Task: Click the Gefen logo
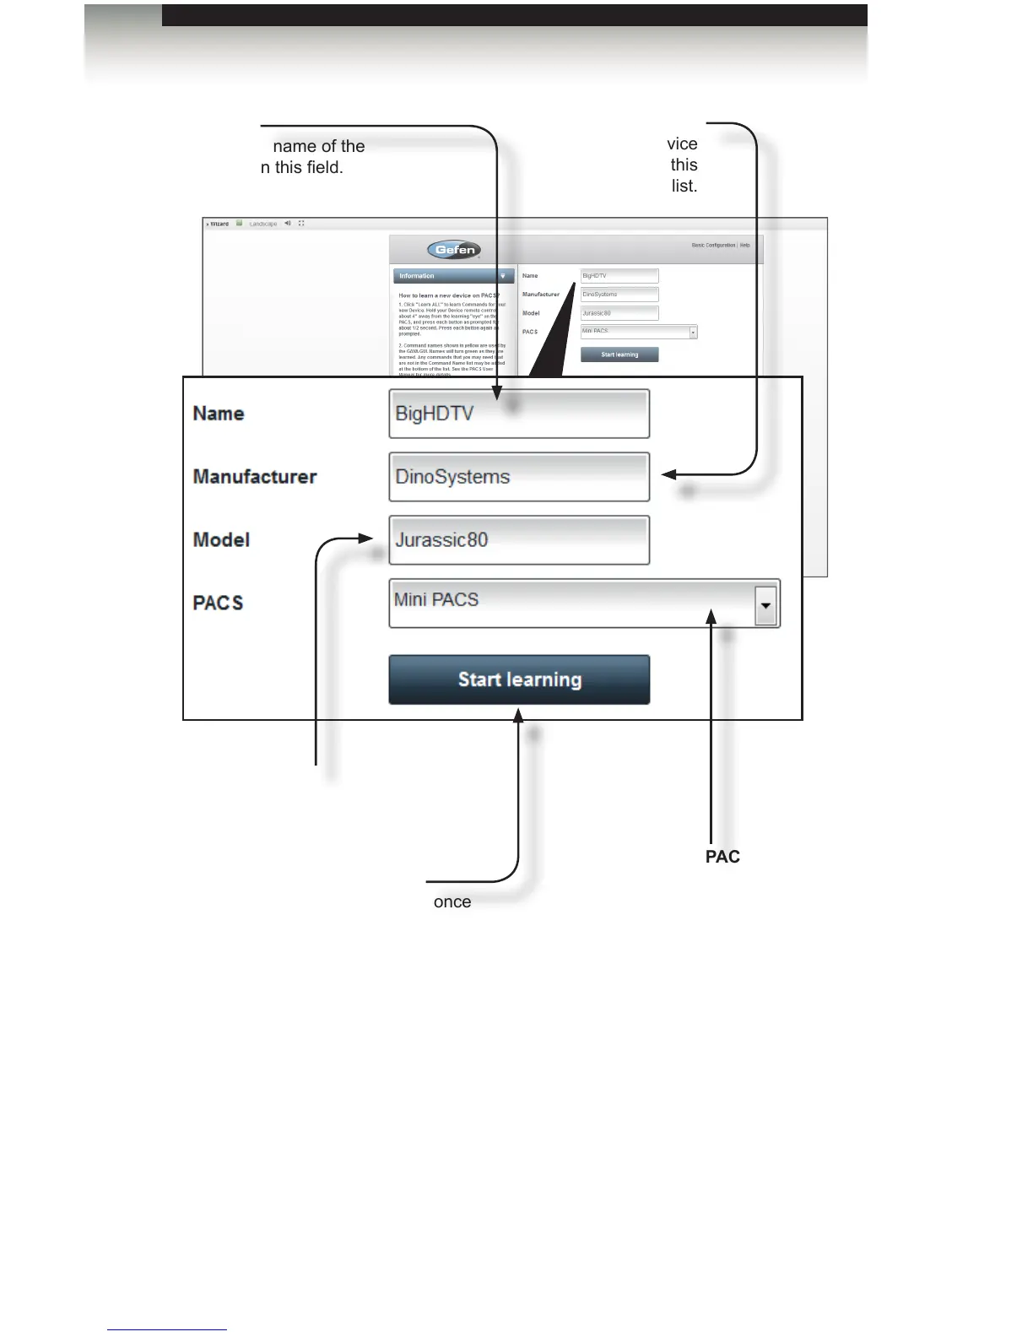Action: pos(454,250)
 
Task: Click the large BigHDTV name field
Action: pos(518,414)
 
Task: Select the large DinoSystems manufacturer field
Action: pos(518,477)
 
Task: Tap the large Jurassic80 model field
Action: pos(518,540)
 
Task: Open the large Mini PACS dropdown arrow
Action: pos(765,605)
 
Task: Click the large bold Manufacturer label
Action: pos(255,477)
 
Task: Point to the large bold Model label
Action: pos(221,540)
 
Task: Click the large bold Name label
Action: pos(219,414)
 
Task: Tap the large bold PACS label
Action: pos(218,603)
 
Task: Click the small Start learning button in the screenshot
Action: pos(619,355)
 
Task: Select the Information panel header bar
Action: pos(452,276)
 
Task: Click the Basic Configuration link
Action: pos(713,246)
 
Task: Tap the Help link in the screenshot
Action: pos(745,246)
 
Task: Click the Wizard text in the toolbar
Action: pos(219,224)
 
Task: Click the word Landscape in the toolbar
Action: pos(263,225)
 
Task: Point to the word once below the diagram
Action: pos(452,902)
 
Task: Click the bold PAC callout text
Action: pos(722,857)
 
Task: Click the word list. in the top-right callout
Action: pos(684,186)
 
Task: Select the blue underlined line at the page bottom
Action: pos(167,1329)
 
